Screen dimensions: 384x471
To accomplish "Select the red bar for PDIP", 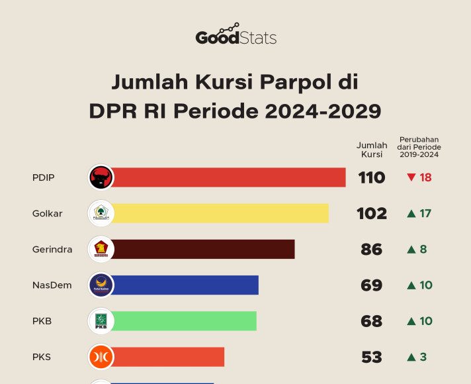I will (228, 177).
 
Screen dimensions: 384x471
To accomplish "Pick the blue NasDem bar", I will (185, 285).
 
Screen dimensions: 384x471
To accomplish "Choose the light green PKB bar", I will (185, 321).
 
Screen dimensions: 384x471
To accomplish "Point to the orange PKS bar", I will (169, 357).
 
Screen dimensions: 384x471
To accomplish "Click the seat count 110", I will (372, 177).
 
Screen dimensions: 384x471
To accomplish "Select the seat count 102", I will (372, 213).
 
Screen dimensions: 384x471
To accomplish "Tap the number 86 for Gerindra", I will (372, 250).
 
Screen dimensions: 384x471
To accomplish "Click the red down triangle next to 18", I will (411, 177).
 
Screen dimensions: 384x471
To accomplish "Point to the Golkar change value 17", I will (425, 213).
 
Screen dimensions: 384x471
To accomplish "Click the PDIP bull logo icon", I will (101, 177).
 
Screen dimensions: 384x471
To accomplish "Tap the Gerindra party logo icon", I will (101, 250).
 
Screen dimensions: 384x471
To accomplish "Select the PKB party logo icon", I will (101, 321).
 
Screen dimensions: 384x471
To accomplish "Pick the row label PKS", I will (42, 357).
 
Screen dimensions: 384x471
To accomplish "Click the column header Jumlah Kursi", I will (372, 150).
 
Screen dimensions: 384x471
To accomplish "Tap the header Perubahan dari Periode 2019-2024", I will (419, 147).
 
